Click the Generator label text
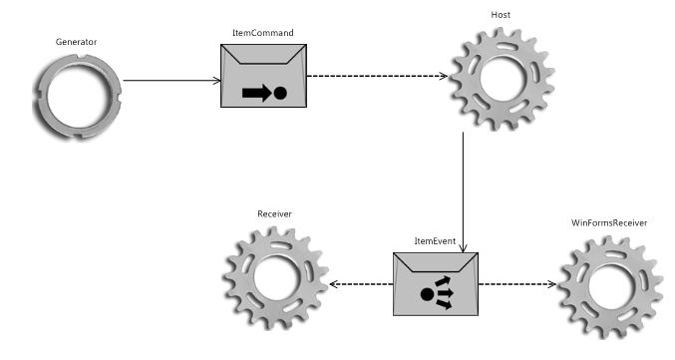coord(76,43)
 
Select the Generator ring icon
coord(76,97)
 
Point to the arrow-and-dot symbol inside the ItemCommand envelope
coord(263,94)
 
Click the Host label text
coord(501,15)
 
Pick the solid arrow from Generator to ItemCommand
coord(171,81)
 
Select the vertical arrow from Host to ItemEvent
coord(464,189)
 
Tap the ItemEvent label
coord(435,242)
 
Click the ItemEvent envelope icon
coord(435,285)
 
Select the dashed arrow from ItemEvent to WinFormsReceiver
coord(516,284)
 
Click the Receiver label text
coord(274,213)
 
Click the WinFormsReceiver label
coord(609,222)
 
